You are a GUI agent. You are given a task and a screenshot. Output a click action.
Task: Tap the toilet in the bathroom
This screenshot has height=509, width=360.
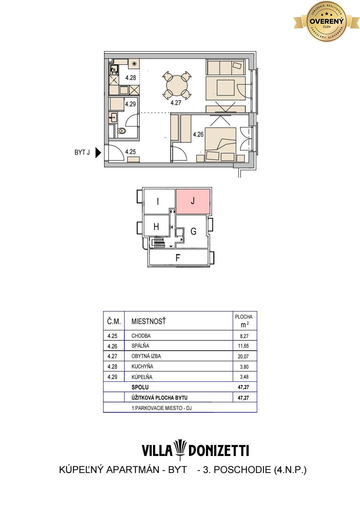(122, 131)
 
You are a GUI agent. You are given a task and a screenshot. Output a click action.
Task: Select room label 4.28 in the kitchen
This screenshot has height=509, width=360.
(131, 78)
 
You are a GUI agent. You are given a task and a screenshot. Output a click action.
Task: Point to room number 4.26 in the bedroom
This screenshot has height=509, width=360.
(198, 135)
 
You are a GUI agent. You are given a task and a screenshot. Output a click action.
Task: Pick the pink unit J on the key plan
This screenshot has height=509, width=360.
(193, 201)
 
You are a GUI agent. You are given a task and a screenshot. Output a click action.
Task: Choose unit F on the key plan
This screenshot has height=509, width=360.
(178, 258)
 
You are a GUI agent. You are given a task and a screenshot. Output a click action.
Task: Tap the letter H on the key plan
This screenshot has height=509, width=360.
(156, 227)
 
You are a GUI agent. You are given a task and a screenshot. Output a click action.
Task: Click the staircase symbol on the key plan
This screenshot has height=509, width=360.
(159, 242)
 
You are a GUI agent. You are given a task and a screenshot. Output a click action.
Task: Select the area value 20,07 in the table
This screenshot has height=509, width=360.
(243, 357)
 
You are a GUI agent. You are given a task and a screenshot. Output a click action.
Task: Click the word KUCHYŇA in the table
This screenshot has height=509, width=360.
(142, 367)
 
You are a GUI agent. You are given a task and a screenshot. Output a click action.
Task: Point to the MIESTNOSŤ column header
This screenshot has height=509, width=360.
(148, 321)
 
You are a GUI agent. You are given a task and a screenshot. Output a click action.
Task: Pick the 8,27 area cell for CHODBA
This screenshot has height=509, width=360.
(244, 336)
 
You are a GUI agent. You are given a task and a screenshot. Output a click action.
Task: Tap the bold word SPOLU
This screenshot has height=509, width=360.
(140, 387)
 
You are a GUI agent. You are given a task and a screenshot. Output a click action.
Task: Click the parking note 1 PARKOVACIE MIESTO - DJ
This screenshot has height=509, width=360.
(162, 408)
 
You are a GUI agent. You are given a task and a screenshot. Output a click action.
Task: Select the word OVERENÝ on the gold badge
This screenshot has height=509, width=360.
(326, 21)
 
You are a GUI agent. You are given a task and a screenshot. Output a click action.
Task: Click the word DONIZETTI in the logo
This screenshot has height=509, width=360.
(219, 451)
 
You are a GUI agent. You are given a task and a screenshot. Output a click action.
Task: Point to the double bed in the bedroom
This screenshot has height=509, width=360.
(220, 145)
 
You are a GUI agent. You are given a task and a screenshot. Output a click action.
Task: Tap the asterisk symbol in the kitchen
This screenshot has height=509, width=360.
(134, 64)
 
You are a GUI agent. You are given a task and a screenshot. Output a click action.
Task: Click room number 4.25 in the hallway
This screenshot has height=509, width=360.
(130, 152)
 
